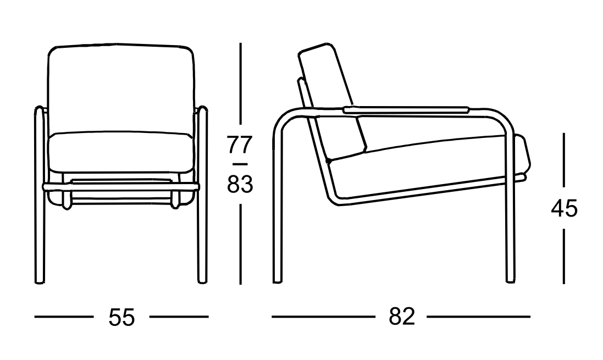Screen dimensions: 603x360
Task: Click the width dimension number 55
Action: (121, 317)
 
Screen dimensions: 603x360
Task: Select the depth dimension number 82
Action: (402, 317)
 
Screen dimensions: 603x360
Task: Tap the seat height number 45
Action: (564, 209)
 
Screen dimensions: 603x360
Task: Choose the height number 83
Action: (240, 184)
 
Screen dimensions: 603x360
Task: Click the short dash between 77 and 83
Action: (240, 164)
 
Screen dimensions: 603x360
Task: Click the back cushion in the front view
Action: (120, 90)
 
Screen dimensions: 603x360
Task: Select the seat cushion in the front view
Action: (120, 152)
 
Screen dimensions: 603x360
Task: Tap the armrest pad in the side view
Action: (406, 109)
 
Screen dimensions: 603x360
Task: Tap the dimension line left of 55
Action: (64, 317)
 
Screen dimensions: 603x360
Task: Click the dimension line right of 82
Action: (478, 317)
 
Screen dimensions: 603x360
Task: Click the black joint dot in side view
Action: (328, 160)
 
